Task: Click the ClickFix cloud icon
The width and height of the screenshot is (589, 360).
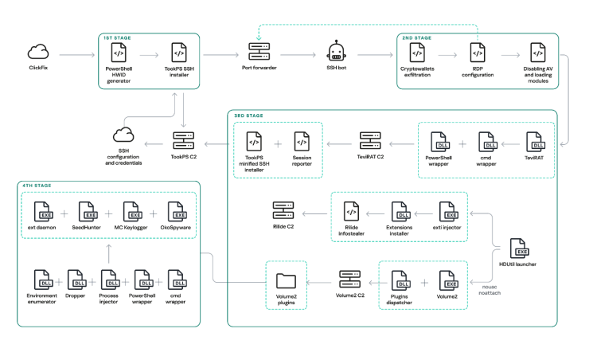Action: [38, 52]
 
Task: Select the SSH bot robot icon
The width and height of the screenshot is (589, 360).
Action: [336, 52]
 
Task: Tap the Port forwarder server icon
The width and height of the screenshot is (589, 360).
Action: [259, 52]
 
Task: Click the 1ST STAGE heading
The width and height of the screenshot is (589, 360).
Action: [117, 38]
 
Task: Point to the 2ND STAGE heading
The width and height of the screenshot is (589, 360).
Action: [416, 38]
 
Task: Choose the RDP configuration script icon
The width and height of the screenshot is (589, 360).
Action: [478, 53]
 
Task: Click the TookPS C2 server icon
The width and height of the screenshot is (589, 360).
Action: [183, 141]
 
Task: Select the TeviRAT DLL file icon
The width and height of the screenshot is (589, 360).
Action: [536, 142]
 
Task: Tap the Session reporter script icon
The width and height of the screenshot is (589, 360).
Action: [302, 142]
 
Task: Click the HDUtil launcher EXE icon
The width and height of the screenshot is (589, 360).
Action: [519, 248]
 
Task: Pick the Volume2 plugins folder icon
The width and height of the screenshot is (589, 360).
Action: [286, 280]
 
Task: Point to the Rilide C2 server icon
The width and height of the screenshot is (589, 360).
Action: [283, 210]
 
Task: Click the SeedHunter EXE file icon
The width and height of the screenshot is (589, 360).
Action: [88, 212]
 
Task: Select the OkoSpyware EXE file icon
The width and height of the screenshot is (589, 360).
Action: [177, 212]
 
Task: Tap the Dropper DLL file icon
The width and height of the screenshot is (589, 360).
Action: [76, 280]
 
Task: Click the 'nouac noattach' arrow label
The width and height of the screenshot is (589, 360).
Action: [490, 290]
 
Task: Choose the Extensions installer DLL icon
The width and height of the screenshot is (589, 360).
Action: [400, 212]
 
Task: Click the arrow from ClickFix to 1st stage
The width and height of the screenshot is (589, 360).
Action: [77, 55]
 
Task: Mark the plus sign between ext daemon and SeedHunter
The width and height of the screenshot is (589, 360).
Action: [64, 213]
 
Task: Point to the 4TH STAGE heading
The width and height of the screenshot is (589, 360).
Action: [37, 186]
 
